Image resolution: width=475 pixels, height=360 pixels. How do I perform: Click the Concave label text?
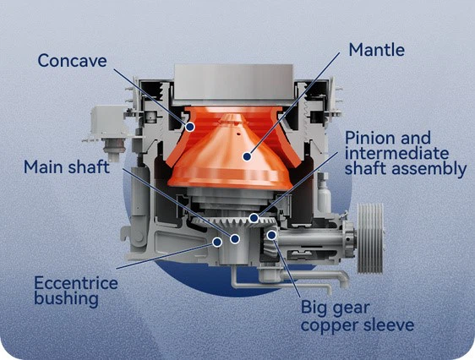click(72, 60)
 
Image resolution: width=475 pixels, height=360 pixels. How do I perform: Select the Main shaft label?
click(67, 166)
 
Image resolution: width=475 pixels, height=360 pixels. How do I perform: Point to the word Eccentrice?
click(75, 282)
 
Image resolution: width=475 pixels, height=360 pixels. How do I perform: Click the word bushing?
click(64, 298)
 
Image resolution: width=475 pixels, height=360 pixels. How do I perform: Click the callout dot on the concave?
click(191, 127)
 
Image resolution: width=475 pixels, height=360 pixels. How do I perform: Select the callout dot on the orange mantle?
click(246, 155)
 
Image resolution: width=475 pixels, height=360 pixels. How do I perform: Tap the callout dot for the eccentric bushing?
click(217, 242)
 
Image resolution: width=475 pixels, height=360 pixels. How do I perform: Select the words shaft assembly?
click(405, 168)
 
